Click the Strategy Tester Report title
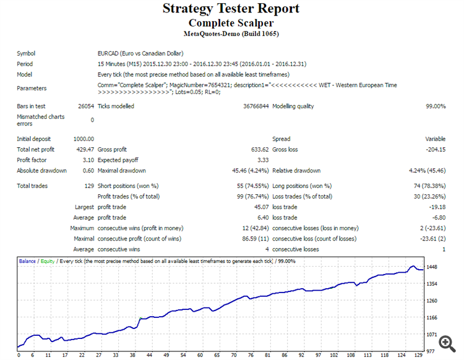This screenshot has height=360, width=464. (x=231, y=9)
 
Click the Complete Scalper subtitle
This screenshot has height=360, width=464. (x=231, y=23)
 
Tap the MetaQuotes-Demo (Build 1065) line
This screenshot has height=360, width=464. (x=231, y=33)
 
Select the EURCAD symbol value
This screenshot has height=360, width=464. (x=140, y=53)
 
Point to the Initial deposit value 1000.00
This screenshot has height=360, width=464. (x=84, y=139)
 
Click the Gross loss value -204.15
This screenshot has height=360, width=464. (x=434, y=149)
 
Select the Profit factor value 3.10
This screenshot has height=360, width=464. (x=87, y=160)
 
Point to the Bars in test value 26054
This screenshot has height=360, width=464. (x=86, y=106)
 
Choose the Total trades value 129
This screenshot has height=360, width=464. (x=88, y=186)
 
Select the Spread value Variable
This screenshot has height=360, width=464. (x=436, y=139)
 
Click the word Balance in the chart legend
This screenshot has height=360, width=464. (x=27, y=262)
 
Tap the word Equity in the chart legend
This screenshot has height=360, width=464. (x=47, y=262)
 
